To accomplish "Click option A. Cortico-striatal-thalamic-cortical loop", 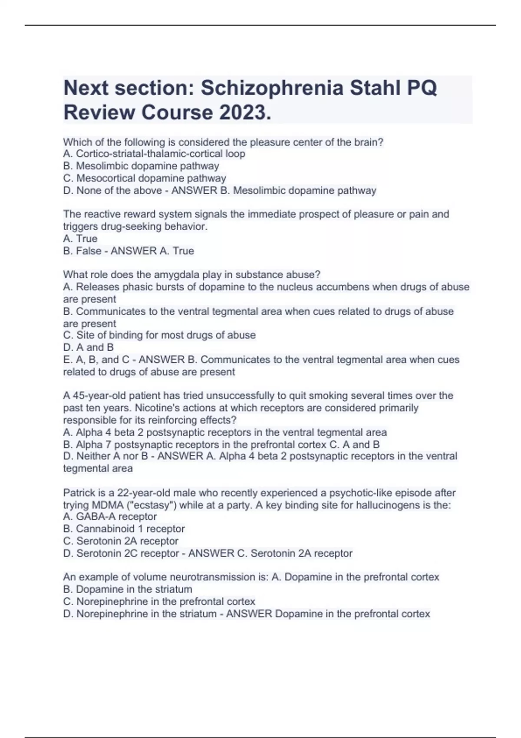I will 154,154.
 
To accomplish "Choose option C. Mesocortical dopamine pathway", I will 145,178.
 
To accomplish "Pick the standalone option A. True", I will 80,238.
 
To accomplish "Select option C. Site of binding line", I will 159,335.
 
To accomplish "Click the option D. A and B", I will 89,347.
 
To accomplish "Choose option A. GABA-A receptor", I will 110,517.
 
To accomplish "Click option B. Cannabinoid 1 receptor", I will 124,529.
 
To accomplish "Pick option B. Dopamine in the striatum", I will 128,589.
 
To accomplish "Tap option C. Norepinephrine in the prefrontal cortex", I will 159,601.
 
